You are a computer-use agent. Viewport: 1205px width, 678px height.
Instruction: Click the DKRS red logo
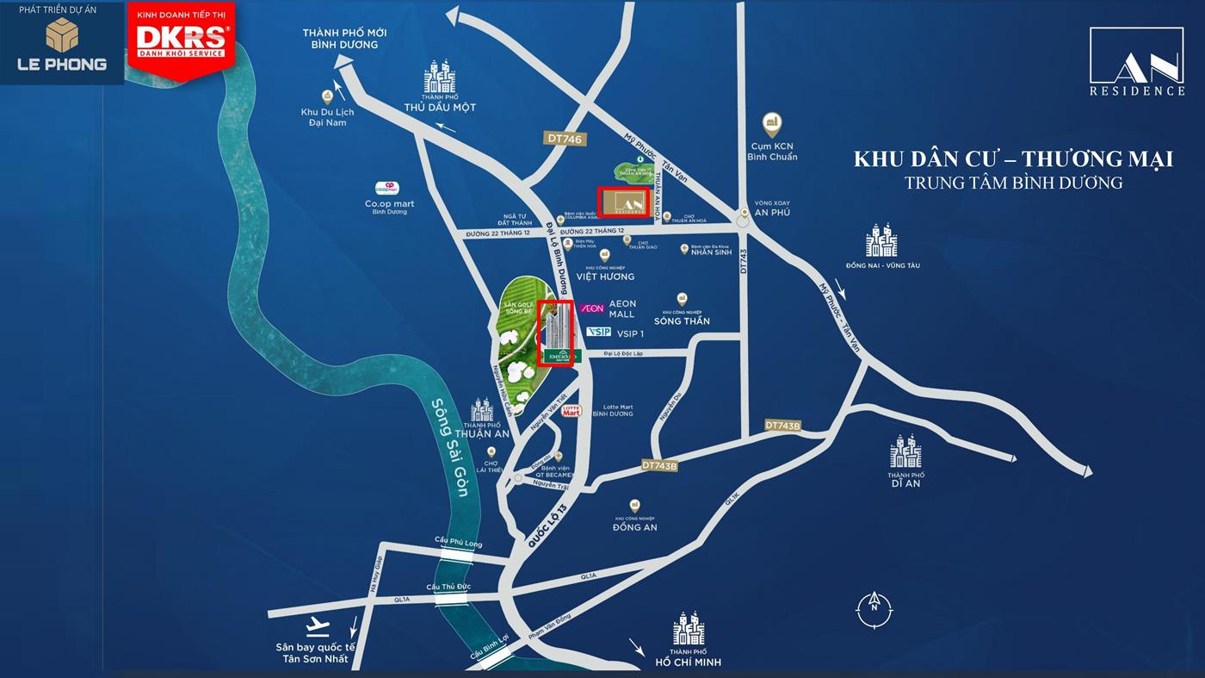point(182,40)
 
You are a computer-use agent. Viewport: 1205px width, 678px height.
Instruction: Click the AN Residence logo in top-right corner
point(1137,61)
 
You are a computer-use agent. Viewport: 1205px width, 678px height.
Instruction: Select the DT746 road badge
point(565,138)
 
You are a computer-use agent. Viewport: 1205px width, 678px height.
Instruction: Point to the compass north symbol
point(874,610)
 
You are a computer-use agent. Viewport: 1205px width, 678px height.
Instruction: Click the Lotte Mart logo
point(572,411)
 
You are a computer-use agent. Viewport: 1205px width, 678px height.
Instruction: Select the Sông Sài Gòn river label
point(451,446)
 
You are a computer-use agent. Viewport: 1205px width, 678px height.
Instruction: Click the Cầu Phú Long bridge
point(458,556)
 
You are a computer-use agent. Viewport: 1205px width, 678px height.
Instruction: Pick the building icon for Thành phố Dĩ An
point(905,452)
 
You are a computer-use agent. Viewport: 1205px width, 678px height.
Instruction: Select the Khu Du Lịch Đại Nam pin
point(327,96)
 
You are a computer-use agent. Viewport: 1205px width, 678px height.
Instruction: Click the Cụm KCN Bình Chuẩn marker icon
point(772,124)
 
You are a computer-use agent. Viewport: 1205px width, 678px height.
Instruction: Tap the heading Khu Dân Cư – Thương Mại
point(1013,159)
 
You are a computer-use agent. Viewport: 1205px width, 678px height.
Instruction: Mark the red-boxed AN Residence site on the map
point(624,202)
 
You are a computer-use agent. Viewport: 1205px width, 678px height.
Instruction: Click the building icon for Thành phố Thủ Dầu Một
point(439,78)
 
